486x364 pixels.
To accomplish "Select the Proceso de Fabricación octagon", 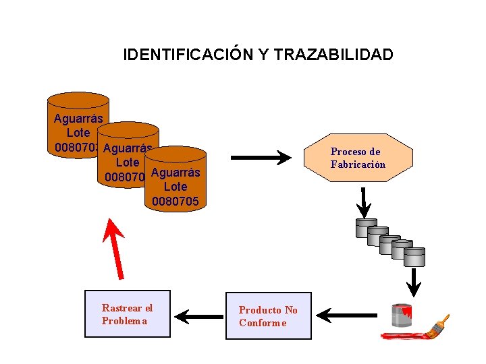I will click(357, 158).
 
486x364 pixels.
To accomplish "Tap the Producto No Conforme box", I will click(269, 315).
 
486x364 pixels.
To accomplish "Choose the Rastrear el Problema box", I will click(128, 313).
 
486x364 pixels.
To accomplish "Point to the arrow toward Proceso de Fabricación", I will click(261, 158).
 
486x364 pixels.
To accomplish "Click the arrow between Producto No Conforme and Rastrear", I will click(199, 314).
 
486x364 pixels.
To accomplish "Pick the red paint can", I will click(402, 315).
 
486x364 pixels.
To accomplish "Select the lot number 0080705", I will click(175, 201).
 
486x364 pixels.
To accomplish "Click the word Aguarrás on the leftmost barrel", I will click(78, 119).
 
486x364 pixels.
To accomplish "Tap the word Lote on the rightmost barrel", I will click(175, 187).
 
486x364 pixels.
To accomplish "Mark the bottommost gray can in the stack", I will click(414, 256).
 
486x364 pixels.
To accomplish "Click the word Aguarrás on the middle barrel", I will click(127, 149).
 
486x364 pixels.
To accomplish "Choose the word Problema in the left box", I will click(124, 321).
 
